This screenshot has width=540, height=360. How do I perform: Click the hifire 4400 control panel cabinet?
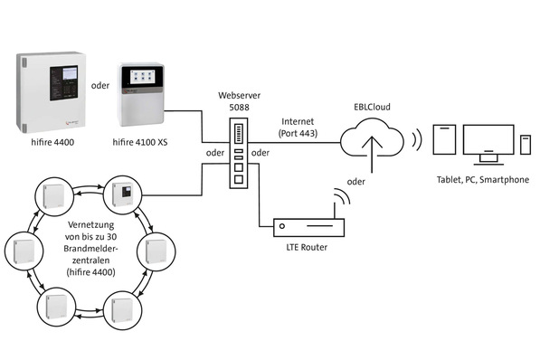[52, 91]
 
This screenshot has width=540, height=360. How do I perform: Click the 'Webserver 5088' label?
[240, 101]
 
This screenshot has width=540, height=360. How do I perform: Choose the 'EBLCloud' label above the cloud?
[372, 106]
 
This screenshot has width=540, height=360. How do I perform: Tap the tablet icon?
[442, 142]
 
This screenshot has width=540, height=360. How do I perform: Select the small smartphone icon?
[525, 147]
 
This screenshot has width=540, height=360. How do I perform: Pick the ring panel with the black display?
[121, 194]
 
